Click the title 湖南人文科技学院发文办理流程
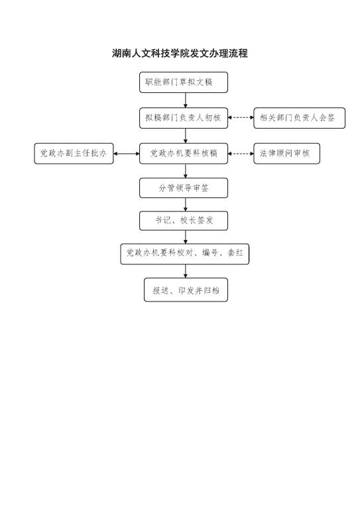(x=180, y=53)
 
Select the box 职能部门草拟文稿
(x=184, y=82)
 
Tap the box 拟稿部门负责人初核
(x=184, y=118)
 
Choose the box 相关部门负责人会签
(x=299, y=118)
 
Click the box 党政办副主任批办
(x=74, y=154)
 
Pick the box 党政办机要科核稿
(x=184, y=154)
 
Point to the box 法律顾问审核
(x=286, y=154)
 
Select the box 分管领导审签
(x=184, y=188)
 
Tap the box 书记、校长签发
(x=184, y=221)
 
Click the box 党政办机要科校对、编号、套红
(x=185, y=254)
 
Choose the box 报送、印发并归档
(x=186, y=290)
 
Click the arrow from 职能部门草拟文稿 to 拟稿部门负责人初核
(x=186, y=100)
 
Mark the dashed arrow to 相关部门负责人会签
(x=241, y=117)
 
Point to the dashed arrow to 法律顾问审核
(x=241, y=153)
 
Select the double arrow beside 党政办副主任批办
(x=127, y=154)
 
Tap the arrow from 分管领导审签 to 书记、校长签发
(x=186, y=205)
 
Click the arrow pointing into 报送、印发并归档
(x=186, y=271)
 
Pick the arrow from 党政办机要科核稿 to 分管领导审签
(x=186, y=171)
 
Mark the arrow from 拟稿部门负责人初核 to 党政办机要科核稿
(x=186, y=136)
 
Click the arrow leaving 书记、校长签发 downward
(x=186, y=237)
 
